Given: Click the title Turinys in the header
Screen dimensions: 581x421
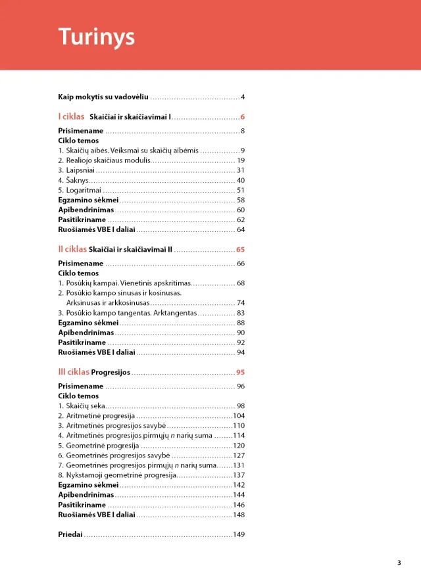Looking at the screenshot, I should click(96, 36).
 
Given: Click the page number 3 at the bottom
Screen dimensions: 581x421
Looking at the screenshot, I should click(399, 563).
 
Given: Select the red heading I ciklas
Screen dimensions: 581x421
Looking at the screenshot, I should click(71, 117).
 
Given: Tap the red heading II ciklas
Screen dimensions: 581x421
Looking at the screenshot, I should click(72, 250).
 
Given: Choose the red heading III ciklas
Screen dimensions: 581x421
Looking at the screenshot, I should click(74, 372).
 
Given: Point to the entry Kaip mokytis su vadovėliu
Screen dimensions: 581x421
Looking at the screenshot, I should click(103, 97).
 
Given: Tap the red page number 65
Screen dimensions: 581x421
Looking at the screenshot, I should click(240, 250).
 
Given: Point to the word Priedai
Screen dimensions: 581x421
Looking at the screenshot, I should click(70, 535).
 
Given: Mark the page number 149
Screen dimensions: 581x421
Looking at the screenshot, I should click(239, 535).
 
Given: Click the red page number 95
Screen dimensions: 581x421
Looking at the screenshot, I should click(240, 373).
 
